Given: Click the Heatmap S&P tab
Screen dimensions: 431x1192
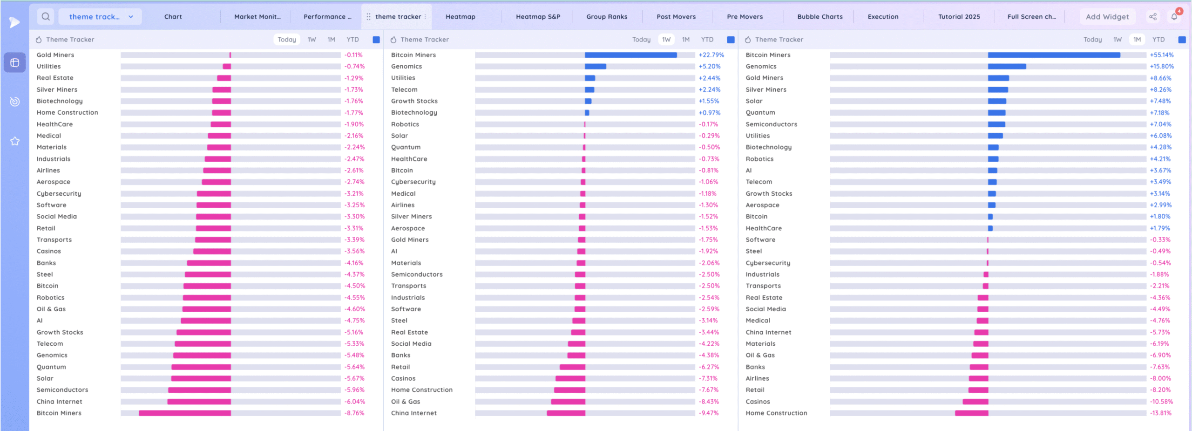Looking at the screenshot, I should tap(538, 17).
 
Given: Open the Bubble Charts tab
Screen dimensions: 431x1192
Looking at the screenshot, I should tap(819, 17).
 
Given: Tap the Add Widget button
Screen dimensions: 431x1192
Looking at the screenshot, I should tap(1107, 17).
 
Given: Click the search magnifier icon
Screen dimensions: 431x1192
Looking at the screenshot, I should tap(46, 17).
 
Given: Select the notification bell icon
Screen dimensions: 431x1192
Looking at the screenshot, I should tap(1174, 17).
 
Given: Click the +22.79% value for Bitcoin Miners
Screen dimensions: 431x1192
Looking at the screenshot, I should tap(711, 55).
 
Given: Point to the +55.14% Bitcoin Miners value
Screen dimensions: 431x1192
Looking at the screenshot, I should tap(1161, 55).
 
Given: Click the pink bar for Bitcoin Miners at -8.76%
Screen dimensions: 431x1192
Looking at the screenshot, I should tap(185, 413).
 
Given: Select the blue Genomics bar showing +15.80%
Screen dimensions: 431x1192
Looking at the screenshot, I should tap(1007, 67).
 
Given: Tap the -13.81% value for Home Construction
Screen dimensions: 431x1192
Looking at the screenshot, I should tap(1160, 413).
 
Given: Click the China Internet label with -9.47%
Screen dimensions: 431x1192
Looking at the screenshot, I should tap(413, 413).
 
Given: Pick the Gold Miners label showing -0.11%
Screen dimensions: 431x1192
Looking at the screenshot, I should tap(55, 55).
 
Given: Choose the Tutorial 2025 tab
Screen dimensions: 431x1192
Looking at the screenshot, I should tap(959, 17).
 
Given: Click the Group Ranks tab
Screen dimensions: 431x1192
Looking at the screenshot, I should tap(607, 17).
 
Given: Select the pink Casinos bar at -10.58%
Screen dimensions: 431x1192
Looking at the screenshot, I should tap(975, 402).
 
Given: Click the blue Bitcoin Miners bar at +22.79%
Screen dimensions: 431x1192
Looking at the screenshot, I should tap(630, 55).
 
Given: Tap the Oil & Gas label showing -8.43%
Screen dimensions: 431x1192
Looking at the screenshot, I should tap(405, 402).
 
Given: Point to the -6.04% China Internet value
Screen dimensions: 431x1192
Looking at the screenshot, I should tap(354, 402).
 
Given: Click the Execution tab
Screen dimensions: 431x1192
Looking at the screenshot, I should tap(883, 17).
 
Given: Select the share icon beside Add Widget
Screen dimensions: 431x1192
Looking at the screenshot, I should tap(1153, 17).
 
